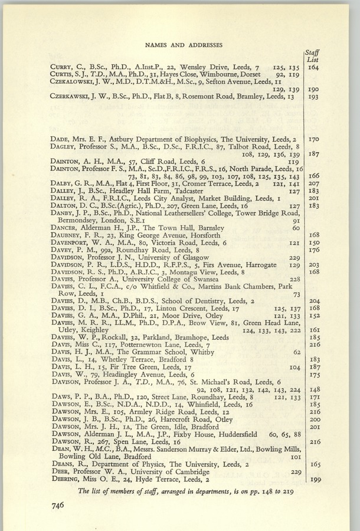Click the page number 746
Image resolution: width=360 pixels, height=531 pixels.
58,504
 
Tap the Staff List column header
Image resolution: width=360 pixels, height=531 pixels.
314,55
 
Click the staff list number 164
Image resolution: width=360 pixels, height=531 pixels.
314,67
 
